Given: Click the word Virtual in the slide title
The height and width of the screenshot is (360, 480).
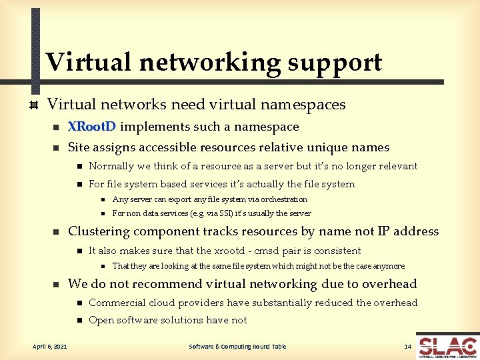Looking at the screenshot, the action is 89,62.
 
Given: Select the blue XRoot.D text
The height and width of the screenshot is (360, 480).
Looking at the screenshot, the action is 92,127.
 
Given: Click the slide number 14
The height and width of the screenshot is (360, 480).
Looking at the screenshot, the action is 408,346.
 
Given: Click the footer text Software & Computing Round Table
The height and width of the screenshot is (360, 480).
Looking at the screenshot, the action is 237,346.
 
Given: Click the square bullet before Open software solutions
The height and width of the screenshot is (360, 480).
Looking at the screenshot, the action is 79,321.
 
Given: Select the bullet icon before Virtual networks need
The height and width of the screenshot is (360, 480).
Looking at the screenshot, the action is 31,105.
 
